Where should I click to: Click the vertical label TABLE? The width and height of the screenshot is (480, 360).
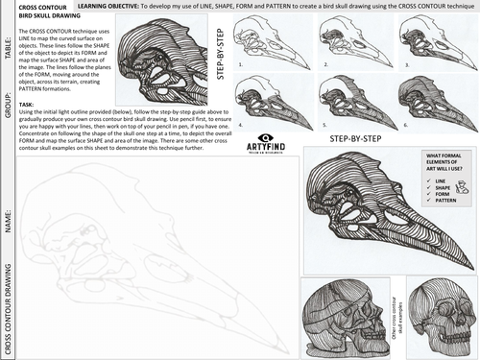point(7,43)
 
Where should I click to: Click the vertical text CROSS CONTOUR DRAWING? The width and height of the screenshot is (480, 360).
point(7,306)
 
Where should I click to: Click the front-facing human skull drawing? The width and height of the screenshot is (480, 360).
point(440,317)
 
